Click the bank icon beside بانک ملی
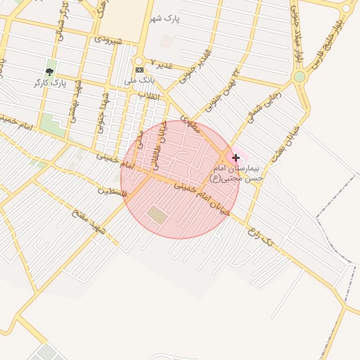click(139, 70)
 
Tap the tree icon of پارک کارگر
click(50, 72)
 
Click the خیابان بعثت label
click(288, 142)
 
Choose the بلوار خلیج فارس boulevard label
click(326, 47)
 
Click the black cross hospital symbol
click(235, 158)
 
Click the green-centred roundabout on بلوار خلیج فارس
click(300, 77)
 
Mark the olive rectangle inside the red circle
click(158, 214)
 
